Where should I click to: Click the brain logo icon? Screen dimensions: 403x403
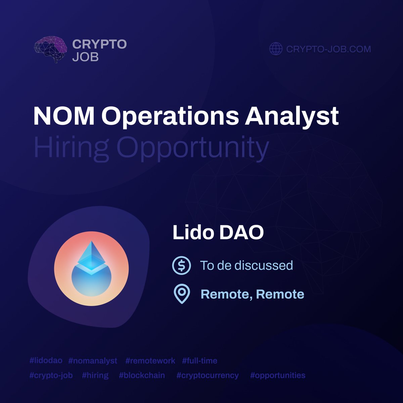[50, 49]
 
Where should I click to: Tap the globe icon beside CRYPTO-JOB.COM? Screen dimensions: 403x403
[276, 49]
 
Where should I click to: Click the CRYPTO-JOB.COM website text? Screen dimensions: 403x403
[328, 49]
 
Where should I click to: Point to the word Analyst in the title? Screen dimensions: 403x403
[292, 116]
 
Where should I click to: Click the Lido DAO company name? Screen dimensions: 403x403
[218, 233]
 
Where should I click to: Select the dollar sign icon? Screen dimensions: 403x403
[181, 265]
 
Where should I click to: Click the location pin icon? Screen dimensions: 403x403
[182, 294]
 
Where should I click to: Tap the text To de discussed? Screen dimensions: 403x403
[247, 265]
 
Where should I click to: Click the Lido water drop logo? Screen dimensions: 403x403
[91, 268]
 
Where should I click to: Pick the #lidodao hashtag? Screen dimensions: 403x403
[46, 361]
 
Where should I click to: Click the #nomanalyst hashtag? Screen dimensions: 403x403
[93, 361]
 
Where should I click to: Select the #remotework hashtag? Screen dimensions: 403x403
[150, 361]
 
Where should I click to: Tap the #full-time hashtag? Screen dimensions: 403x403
[200, 361]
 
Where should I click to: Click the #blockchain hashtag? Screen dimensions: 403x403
[142, 375]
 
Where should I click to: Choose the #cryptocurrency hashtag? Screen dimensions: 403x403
[208, 375]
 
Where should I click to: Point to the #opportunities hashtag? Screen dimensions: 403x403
[278, 375]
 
